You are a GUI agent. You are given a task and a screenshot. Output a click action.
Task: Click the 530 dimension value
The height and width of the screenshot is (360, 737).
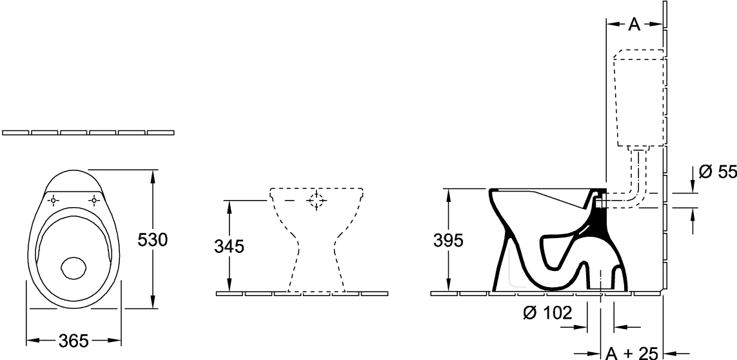pyautogui.click(x=153, y=240)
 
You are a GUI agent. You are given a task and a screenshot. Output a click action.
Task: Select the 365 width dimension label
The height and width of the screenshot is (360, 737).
pyautogui.click(x=74, y=341)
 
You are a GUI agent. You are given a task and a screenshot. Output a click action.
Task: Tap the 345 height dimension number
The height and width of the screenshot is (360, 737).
pyautogui.click(x=230, y=246)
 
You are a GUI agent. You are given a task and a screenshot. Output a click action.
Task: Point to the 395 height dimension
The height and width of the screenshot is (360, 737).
pyautogui.click(x=448, y=240)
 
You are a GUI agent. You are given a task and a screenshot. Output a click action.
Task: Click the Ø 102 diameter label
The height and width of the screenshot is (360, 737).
pyautogui.click(x=547, y=312)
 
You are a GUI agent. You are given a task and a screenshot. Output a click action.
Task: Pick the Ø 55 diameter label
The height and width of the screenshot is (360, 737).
pyautogui.click(x=718, y=172)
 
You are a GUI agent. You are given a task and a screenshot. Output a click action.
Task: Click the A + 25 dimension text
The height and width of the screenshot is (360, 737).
pyautogui.click(x=631, y=353)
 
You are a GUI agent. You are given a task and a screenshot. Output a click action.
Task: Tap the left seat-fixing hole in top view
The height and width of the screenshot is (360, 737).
pyautogui.click(x=53, y=201)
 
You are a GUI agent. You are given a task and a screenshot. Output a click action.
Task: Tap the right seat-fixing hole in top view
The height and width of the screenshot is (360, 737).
pyautogui.click(x=94, y=201)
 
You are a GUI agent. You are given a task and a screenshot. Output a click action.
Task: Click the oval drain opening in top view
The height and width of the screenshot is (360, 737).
pyautogui.click(x=74, y=268)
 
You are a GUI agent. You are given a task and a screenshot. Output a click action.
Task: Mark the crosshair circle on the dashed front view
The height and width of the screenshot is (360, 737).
pyautogui.click(x=317, y=201)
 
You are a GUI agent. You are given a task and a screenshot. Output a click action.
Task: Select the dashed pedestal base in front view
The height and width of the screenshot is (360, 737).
pyautogui.click(x=317, y=263)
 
